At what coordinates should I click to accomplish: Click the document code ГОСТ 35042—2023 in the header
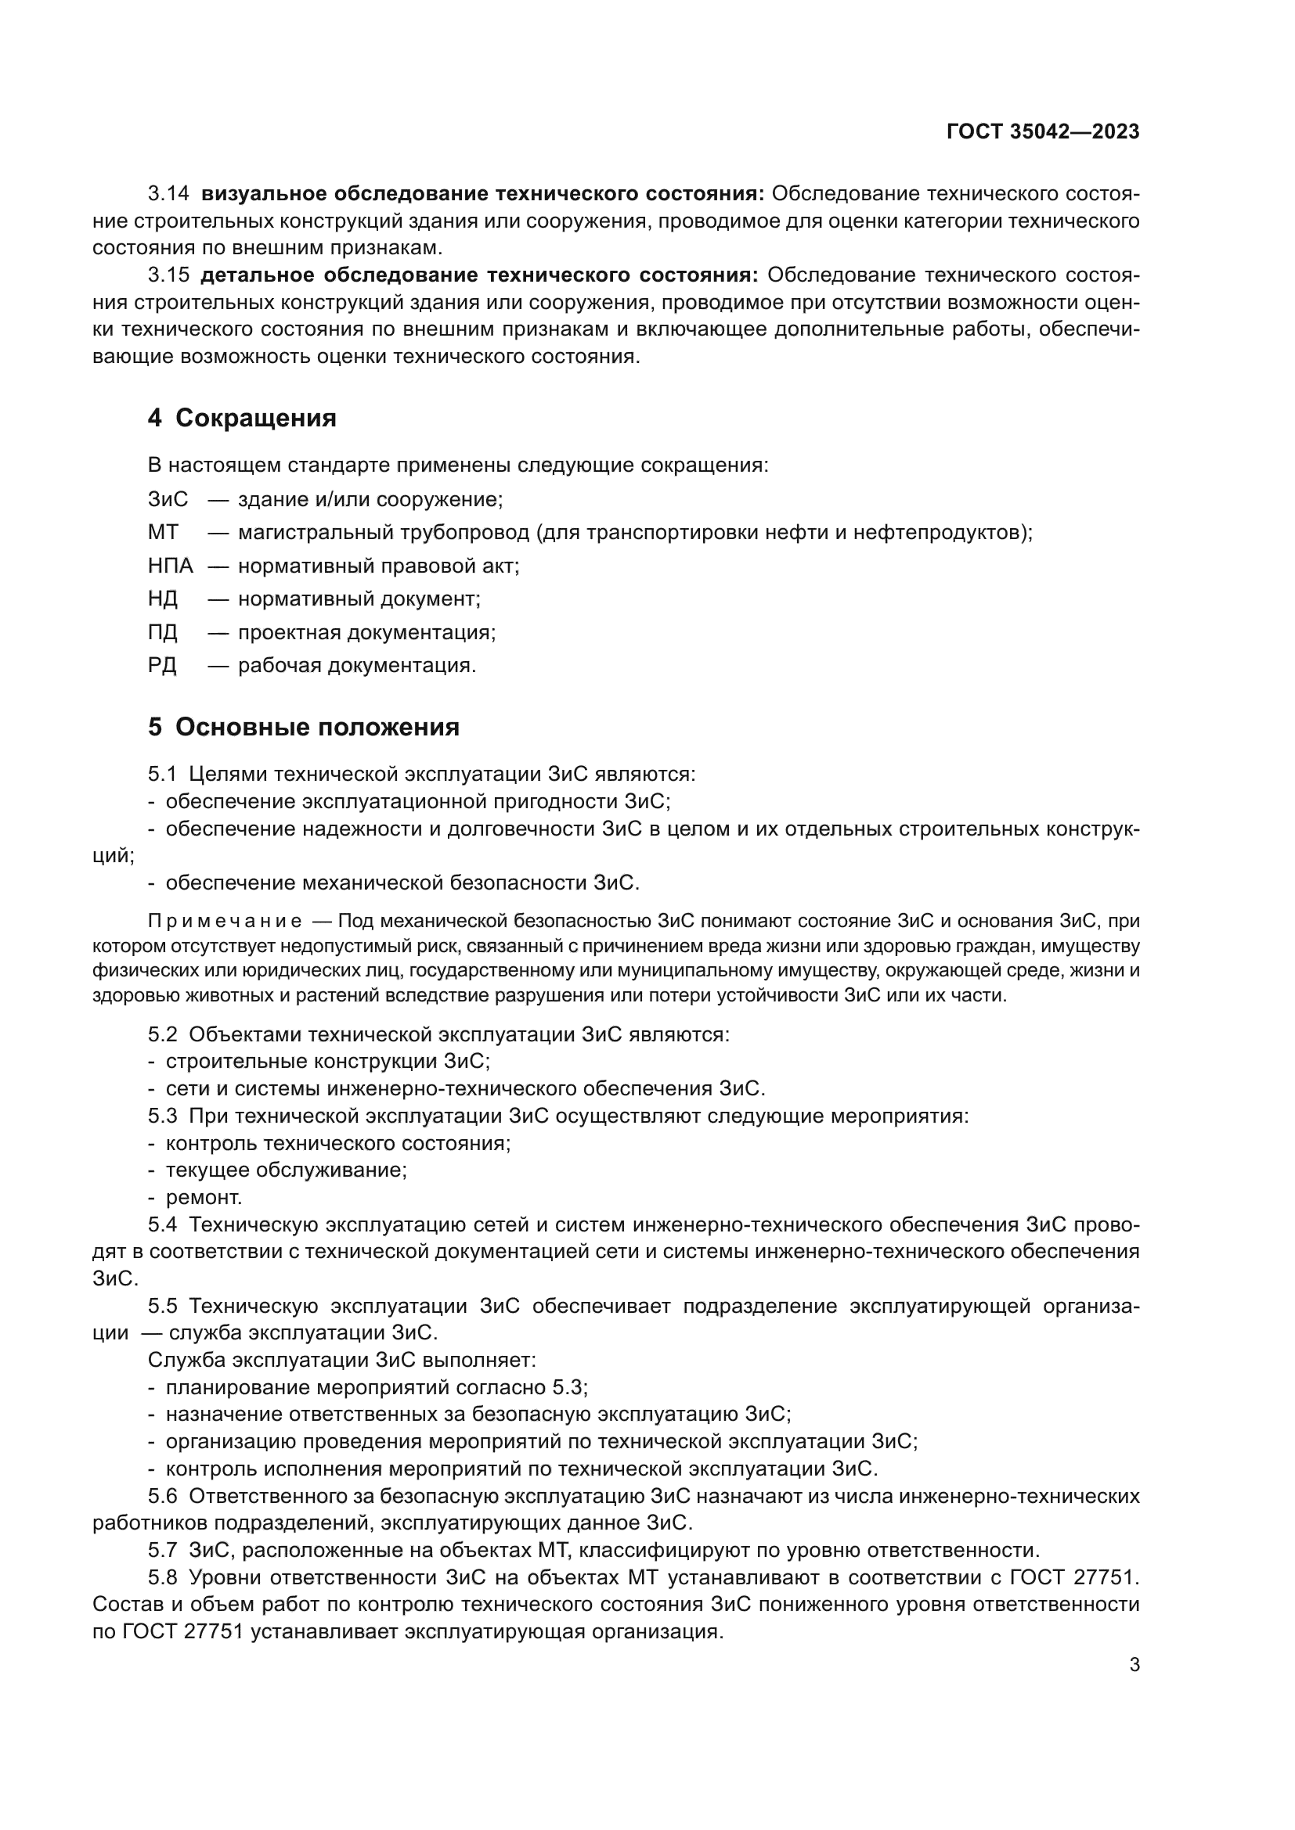1042,131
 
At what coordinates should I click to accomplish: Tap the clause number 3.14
168,194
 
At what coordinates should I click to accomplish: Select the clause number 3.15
168,275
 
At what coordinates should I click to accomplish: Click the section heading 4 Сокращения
242,418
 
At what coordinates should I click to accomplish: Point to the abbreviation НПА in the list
170,566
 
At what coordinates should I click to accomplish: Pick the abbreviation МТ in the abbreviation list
163,533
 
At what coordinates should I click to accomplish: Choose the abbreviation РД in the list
162,665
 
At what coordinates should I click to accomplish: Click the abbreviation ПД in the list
162,632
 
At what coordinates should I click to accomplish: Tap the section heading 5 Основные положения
303,727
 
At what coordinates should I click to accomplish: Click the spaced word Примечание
225,922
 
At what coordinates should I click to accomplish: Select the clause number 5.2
162,1034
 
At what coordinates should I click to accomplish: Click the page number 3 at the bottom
1134,1664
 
